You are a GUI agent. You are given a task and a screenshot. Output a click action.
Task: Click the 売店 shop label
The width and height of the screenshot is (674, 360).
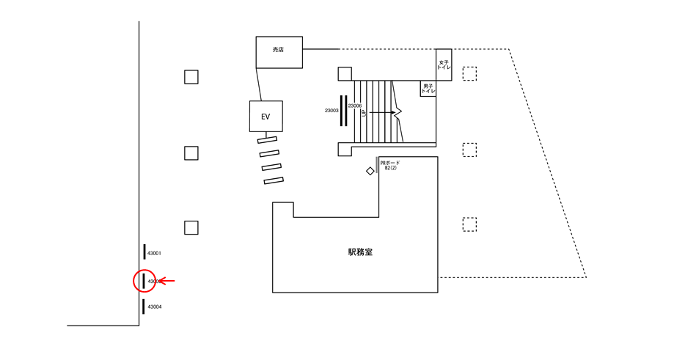(x=278, y=50)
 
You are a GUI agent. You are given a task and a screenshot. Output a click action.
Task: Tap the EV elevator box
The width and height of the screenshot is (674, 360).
(x=265, y=117)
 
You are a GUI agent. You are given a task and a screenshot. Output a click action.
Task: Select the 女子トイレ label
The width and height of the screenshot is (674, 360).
(x=444, y=65)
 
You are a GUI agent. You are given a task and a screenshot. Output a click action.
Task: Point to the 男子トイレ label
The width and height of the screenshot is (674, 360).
(x=428, y=88)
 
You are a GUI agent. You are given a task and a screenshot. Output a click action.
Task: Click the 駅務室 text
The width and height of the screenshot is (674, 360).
(x=360, y=252)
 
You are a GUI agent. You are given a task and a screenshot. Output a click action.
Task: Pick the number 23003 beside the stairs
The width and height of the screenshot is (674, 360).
(x=331, y=111)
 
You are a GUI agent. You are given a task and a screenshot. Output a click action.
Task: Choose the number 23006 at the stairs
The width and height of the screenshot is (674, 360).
(x=355, y=106)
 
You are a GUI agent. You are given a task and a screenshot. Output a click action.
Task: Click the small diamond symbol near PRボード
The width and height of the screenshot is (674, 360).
(x=370, y=171)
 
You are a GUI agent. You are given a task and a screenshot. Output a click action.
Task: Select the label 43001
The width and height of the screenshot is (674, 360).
(x=154, y=253)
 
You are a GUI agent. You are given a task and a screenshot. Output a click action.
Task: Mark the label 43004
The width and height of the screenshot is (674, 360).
(x=154, y=306)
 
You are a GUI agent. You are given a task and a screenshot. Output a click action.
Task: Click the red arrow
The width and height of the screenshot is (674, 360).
(x=168, y=281)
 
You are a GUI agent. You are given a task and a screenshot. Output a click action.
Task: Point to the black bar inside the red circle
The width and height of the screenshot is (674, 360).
(x=144, y=280)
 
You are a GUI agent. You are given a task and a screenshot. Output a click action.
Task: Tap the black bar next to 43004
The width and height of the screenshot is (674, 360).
(x=144, y=306)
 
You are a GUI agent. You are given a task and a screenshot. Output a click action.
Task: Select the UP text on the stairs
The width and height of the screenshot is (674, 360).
(x=364, y=114)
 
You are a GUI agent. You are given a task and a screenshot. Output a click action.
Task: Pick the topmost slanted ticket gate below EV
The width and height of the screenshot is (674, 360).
(x=267, y=139)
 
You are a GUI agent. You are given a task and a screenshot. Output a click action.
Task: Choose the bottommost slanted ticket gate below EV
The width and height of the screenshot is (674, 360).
(x=274, y=180)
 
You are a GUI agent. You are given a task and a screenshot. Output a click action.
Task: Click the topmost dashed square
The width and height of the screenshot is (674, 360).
(x=469, y=73)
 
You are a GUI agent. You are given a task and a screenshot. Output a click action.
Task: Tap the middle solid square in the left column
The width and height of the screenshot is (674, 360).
(x=191, y=153)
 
